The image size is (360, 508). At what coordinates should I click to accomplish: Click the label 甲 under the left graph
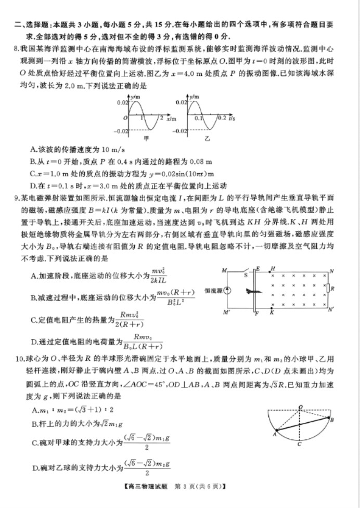(x=146, y=138)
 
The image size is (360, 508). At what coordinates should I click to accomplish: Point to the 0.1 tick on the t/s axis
(x=198, y=119)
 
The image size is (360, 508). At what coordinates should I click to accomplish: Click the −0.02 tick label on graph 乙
(x=180, y=131)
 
